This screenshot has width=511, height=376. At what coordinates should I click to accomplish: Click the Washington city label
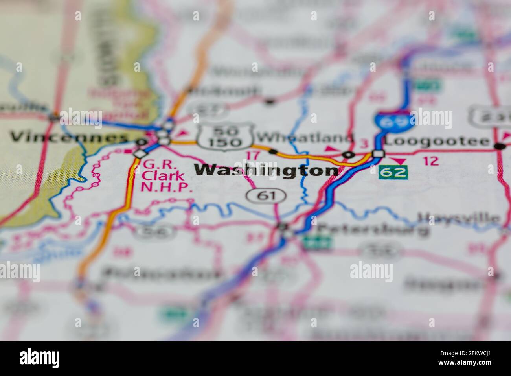(x=267, y=170)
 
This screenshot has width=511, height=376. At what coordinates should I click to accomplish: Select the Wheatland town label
(x=305, y=138)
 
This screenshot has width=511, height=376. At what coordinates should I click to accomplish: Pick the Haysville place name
(x=459, y=217)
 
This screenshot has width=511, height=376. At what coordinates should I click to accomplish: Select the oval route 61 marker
(x=261, y=194)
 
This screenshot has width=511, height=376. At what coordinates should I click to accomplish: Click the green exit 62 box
(x=393, y=172)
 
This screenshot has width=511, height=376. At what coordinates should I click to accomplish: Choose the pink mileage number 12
(x=431, y=160)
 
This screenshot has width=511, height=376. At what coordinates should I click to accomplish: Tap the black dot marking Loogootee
(x=500, y=146)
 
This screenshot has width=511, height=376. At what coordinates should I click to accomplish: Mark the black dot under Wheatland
(x=273, y=151)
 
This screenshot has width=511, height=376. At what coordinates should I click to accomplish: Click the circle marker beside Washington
(x=347, y=155)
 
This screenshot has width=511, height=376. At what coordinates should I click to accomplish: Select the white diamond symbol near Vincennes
(x=140, y=153)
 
